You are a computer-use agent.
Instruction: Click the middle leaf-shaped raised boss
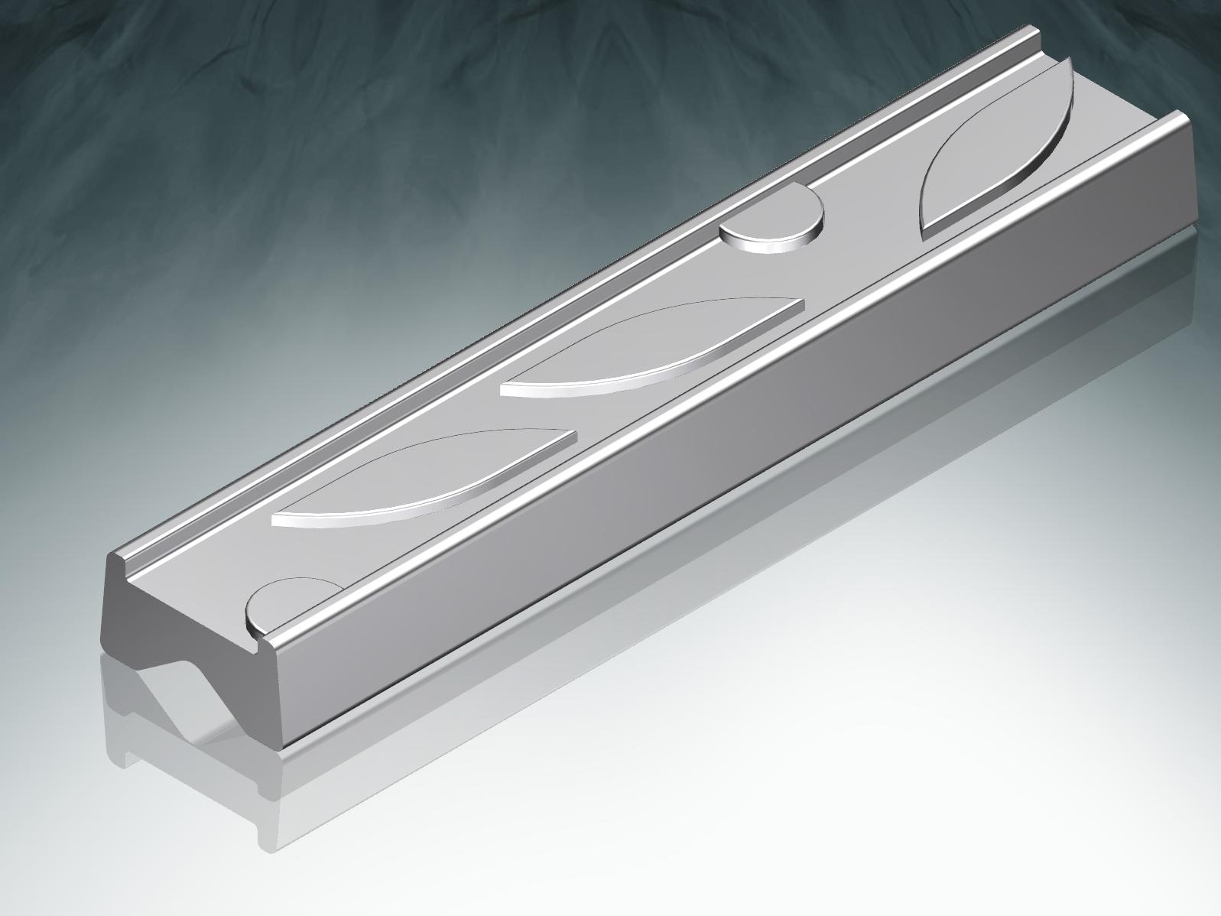tap(650, 344)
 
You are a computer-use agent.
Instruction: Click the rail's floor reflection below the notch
tap(191, 734)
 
